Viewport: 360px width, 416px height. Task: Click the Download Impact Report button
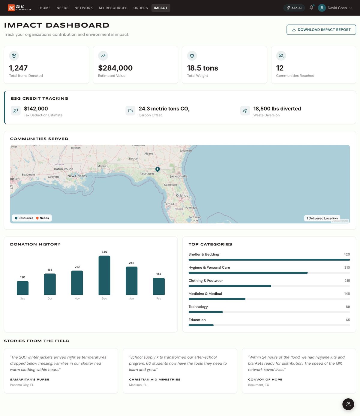(321, 30)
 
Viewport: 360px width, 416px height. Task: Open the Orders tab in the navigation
(140, 8)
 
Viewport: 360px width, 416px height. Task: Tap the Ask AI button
(294, 8)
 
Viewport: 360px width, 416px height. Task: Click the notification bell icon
(311, 8)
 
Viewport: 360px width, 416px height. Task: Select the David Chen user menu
(335, 8)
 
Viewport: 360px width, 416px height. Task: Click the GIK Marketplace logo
(20, 8)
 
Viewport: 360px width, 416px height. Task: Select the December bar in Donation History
(104, 275)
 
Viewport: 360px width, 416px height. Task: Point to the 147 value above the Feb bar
(159, 274)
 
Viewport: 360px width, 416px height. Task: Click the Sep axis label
(22, 298)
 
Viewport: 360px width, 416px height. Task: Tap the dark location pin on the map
(157, 169)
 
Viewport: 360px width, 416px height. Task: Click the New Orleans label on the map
(77, 176)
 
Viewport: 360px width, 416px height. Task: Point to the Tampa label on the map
(169, 203)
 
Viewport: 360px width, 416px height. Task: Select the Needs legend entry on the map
(43, 218)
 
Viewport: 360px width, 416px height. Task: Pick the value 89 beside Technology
(348, 307)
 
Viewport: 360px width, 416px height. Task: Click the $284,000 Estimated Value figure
(115, 68)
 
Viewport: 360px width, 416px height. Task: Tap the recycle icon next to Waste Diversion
(245, 110)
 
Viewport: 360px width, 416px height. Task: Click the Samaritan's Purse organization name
(30, 379)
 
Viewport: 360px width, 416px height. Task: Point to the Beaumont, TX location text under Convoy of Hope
(258, 385)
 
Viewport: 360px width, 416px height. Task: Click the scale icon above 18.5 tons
(192, 56)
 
